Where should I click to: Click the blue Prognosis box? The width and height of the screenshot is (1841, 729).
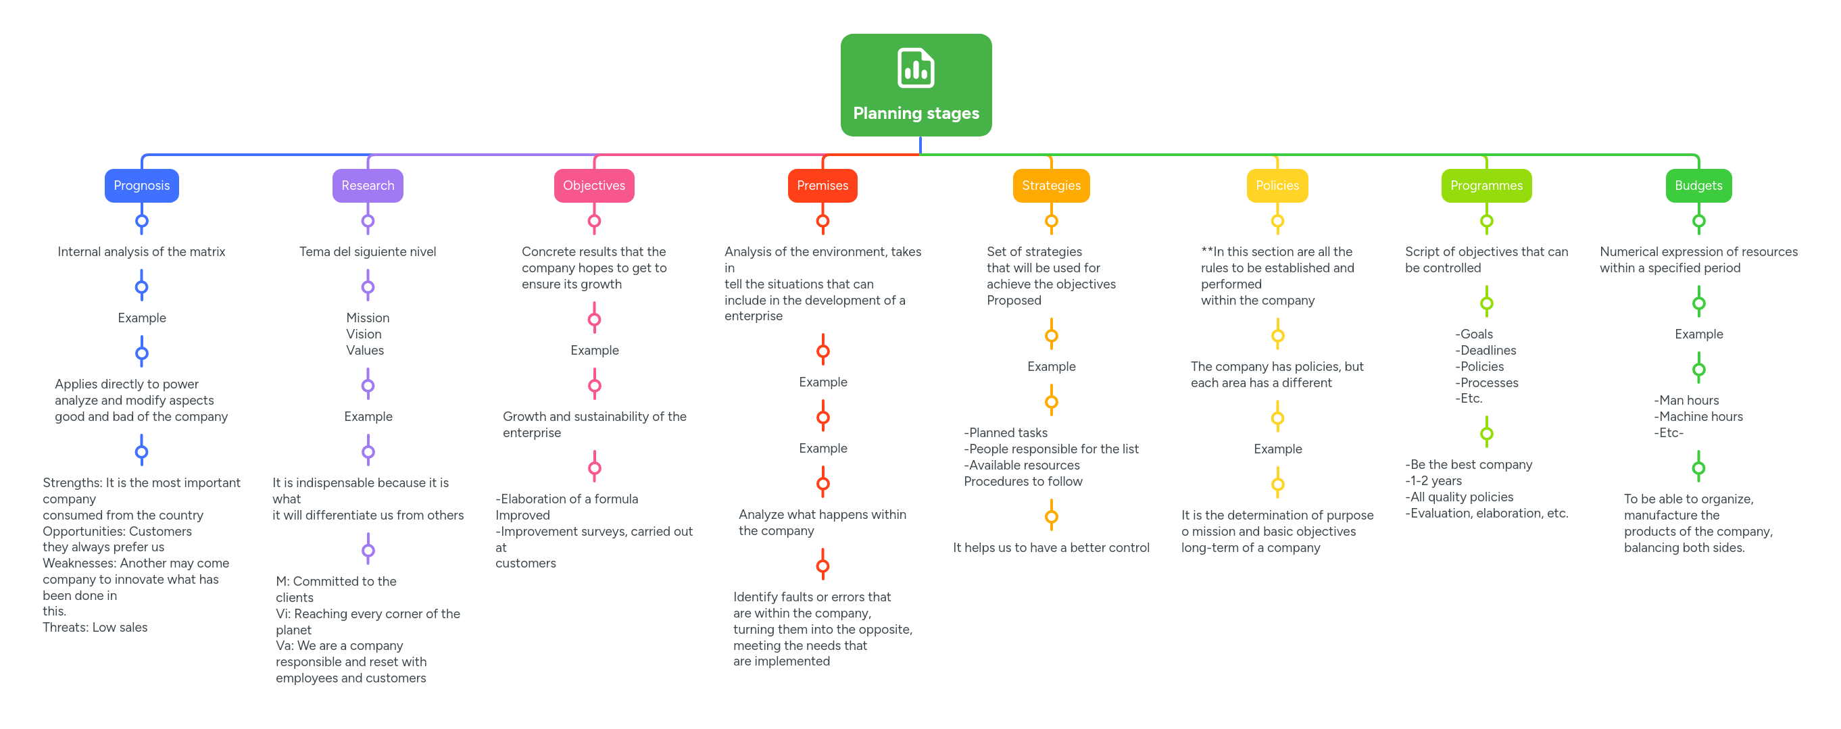[141, 186]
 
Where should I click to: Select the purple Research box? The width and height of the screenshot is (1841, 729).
[368, 186]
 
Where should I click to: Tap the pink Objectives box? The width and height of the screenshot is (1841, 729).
[594, 186]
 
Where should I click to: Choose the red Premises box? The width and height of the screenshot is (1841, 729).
[822, 186]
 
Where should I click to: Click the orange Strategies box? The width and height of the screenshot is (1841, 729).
[1050, 186]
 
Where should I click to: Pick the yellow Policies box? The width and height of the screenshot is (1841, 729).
[1277, 186]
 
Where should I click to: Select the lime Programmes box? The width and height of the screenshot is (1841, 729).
[1486, 186]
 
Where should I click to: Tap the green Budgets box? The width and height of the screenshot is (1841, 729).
[1698, 186]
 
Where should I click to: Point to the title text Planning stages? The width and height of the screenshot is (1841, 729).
[916, 113]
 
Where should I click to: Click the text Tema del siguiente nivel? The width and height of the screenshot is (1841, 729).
[368, 251]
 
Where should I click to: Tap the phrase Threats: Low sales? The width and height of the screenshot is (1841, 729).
[95, 628]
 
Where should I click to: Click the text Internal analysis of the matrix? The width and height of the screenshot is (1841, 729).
[141, 251]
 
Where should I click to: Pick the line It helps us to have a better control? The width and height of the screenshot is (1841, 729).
[1050, 547]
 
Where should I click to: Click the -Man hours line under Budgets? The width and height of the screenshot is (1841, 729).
[1686, 400]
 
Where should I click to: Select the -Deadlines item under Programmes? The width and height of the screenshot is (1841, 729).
[1486, 350]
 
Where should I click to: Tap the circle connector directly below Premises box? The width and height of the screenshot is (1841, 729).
[823, 221]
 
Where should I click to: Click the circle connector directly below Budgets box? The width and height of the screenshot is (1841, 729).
[1699, 221]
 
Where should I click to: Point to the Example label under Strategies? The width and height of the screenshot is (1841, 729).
[1050, 367]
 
